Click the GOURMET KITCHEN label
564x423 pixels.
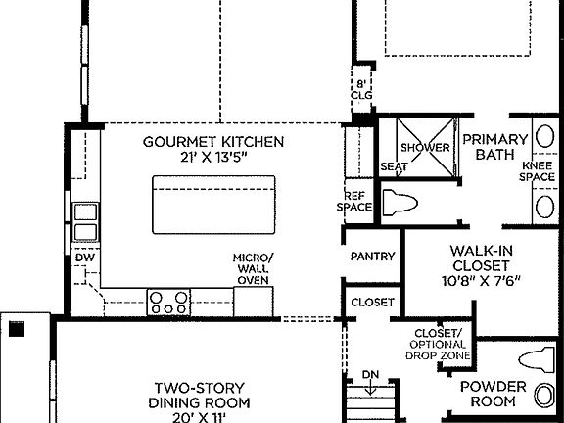click(x=213, y=142)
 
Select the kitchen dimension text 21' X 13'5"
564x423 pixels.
click(x=213, y=158)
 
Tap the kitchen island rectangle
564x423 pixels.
click(x=211, y=202)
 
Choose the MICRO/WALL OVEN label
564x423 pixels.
click(x=254, y=268)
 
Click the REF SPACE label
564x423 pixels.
click(x=356, y=201)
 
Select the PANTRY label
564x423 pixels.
click(x=372, y=257)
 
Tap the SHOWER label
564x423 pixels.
click(x=424, y=148)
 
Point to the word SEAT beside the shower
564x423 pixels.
click(x=393, y=167)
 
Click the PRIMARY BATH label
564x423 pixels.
click(x=494, y=147)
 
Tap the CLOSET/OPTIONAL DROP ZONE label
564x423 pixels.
click(x=438, y=344)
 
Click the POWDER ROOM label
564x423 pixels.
click(x=493, y=394)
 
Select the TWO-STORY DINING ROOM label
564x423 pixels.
click(x=199, y=395)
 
